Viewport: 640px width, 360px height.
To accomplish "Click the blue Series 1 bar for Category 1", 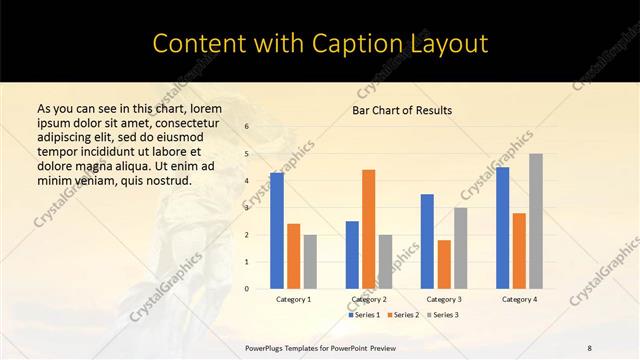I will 277,231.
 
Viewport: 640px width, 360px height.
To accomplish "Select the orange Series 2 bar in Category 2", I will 368,229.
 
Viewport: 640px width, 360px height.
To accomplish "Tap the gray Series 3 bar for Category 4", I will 536,221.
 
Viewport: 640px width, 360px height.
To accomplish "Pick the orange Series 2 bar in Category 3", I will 443,264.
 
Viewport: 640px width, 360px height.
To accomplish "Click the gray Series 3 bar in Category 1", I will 310,262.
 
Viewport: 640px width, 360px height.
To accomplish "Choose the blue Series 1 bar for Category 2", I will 352,255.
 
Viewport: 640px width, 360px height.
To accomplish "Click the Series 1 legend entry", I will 364,315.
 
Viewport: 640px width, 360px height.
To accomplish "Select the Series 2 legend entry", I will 402,315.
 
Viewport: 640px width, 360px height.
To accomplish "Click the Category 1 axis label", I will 294,298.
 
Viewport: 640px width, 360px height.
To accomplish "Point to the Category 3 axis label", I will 444,298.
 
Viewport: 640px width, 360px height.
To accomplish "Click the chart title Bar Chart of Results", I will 402,110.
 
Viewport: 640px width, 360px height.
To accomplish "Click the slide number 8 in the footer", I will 590,348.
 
